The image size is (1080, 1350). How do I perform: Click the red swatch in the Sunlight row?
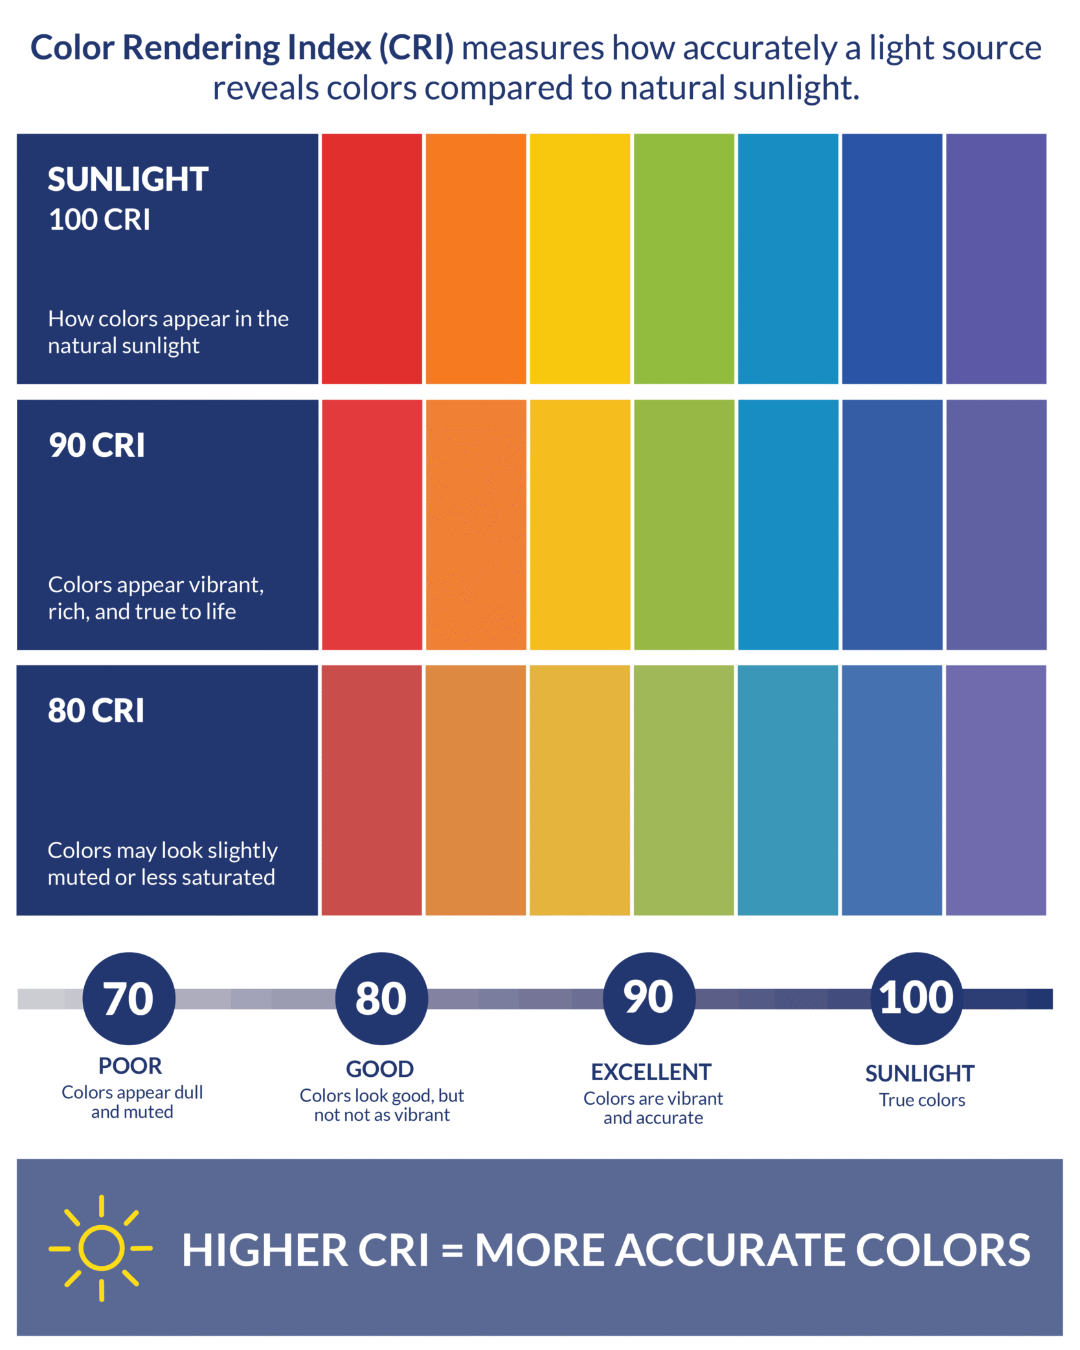click(372, 259)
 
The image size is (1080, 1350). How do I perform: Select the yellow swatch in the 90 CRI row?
click(580, 525)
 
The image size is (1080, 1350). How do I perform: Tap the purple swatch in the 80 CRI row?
click(996, 790)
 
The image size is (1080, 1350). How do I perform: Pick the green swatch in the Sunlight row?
click(684, 259)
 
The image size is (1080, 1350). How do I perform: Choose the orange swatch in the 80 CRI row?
click(476, 790)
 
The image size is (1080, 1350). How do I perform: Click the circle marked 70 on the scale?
click(129, 999)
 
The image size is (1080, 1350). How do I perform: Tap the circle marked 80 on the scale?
click(381, 999)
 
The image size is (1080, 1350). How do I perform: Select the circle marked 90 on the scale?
click(649, 999)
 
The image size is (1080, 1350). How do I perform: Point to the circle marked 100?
click(917, 999)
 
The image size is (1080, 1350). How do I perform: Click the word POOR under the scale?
click(130, 1066)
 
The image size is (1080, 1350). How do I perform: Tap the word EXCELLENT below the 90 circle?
click(651, 1072)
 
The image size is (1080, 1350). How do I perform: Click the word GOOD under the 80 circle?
click(380, 1069)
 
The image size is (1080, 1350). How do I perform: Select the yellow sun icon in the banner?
click(101, 1248)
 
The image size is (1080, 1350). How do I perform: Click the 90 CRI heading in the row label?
click(97, 445)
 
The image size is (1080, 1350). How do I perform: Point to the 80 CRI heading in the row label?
click(96, 711)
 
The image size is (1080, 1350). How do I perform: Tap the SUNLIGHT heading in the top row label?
click(128, 179)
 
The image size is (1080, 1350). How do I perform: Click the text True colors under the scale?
click(922, 1100)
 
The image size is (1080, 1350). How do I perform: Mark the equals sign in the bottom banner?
click(452, 1250)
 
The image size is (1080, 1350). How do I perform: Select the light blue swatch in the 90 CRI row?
click(788, 525)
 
